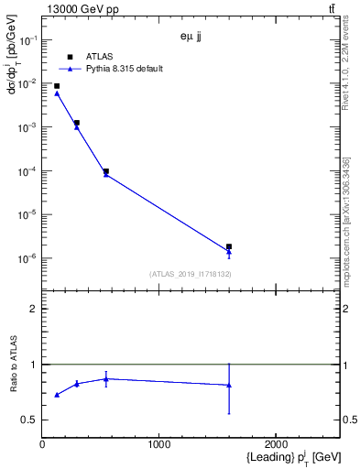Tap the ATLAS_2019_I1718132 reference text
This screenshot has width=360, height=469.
click(190, 274)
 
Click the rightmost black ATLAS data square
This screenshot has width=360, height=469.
click(229, 246)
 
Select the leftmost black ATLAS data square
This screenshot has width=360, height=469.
click(57, 86)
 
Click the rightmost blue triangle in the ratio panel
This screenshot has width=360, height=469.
click(229, 385)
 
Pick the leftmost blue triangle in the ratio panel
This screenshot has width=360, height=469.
click(57, 395)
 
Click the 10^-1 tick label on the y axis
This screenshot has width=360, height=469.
click(27, 40)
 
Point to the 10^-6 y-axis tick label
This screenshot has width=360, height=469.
click(27, 258)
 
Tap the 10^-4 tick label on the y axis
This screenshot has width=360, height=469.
click(27, 171)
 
